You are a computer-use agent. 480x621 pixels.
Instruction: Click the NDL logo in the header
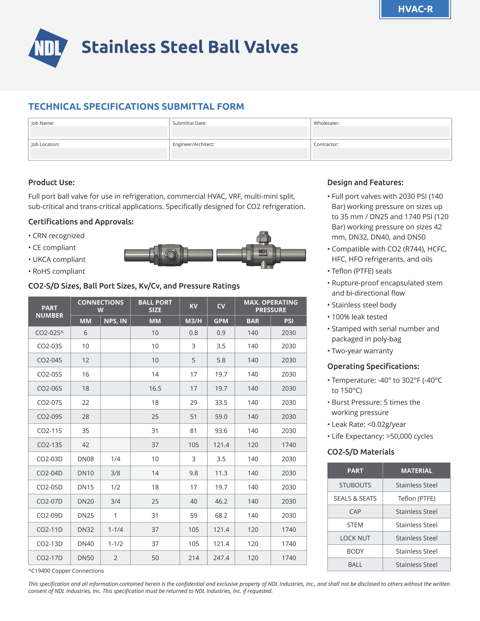click(x=48, y=48)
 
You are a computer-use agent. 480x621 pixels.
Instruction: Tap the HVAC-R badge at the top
click(x=415, y=9)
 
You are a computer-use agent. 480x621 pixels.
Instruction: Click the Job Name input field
click(x=99, y=132)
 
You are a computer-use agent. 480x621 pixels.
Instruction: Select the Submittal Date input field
click(x=240, y=132)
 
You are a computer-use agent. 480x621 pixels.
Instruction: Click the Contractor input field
click(x=381, y=153)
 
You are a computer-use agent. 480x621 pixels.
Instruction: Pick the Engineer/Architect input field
click(x=240, y=153)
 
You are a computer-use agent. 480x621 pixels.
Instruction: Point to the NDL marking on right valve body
click(x=263, y=251)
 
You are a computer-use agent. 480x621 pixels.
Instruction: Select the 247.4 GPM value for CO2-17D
click(x=221, y=558)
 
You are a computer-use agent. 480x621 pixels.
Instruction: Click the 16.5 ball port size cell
click(x=155, y=388)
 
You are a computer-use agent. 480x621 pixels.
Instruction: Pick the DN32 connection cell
click(x=85, y=530)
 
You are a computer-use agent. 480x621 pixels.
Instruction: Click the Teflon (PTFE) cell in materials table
click(x=416, y=498)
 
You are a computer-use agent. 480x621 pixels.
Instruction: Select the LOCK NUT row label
click(x=355, y=538)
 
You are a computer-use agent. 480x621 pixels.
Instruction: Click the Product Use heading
click(x=51, y=182)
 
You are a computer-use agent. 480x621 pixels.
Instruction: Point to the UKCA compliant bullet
click(x=59, y=259)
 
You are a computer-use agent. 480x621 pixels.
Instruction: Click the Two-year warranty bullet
click(x=362, y=351)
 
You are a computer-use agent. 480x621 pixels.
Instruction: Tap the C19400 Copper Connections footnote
click(x=66, y=571)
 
